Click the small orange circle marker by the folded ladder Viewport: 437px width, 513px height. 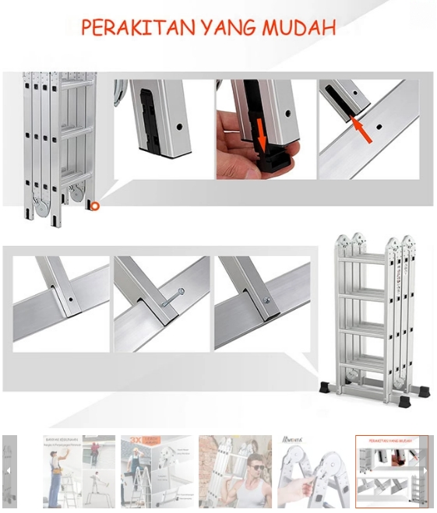pyautogui.click(x=95, y=206)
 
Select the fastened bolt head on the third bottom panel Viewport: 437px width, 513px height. pyautogui.click(x=266, y=300)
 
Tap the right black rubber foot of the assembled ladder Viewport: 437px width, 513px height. pyautogui.click(x=404, y=402)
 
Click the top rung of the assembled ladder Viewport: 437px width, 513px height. pyautogui.click(x=364, y=258)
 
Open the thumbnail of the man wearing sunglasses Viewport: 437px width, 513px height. pyautogui.click(x=235, y=471)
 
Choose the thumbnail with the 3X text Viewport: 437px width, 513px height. pyautogui.click(x=157, y=471)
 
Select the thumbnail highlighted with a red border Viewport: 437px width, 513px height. pyautogui.click(x=390, y=471)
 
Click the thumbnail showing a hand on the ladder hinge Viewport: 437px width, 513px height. pyautogui.click(x=313, y=471)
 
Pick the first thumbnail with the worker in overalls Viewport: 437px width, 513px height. pyautogui.click(x=79, y=471)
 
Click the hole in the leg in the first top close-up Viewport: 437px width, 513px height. pyautogui.click(x=178, y=125)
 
